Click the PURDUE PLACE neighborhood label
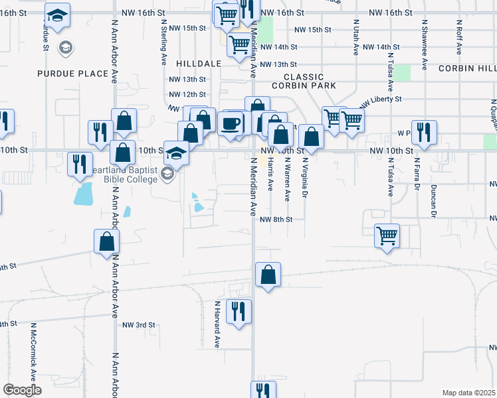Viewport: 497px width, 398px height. [x=72, y=74]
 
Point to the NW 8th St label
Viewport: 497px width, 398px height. [x=276, y=220]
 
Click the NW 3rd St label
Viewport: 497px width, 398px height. [x=138, y=325]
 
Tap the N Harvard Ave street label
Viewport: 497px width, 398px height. [x=217, y=324]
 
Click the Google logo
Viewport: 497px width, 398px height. [x=22, y=390]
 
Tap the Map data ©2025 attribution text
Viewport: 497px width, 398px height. [x=468, y=393]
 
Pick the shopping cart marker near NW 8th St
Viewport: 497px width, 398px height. [x=387, y=235]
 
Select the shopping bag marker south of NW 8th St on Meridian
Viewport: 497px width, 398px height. [x=268, y=275]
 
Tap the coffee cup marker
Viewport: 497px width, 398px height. [x=231, y=124]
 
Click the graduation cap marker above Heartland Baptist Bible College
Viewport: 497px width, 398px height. [x=177, y=153]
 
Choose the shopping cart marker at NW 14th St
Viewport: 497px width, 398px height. [x=239, y=45]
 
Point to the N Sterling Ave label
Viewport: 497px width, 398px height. [x=163, y=41]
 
